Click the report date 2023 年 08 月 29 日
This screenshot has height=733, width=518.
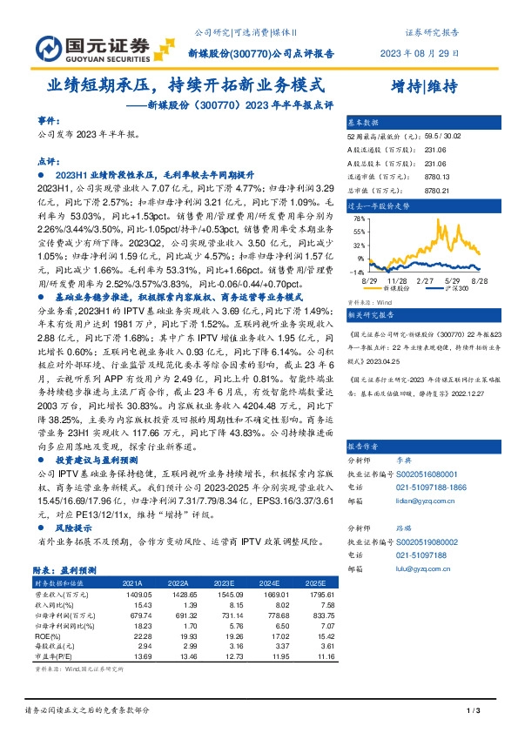(x=420, y=52)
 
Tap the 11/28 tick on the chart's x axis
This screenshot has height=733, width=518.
(x=398, y=281)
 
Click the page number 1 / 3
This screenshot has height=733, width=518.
(x=474, y=713)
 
